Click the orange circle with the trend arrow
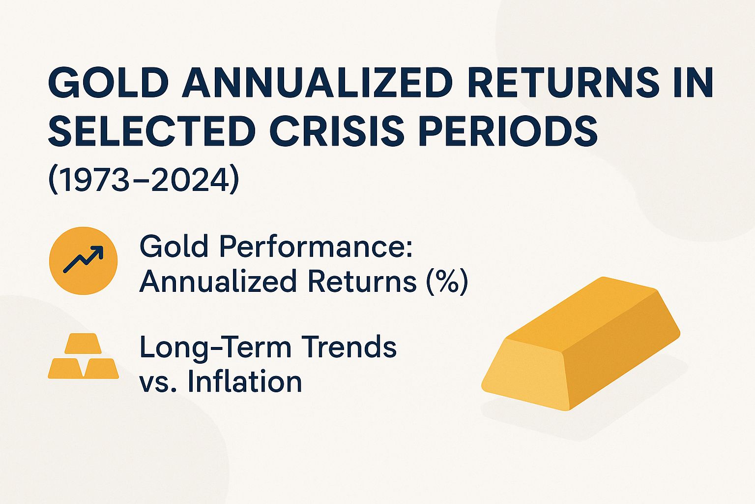click(x=84, y=260)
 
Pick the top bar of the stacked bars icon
click(x=83, y=343)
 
